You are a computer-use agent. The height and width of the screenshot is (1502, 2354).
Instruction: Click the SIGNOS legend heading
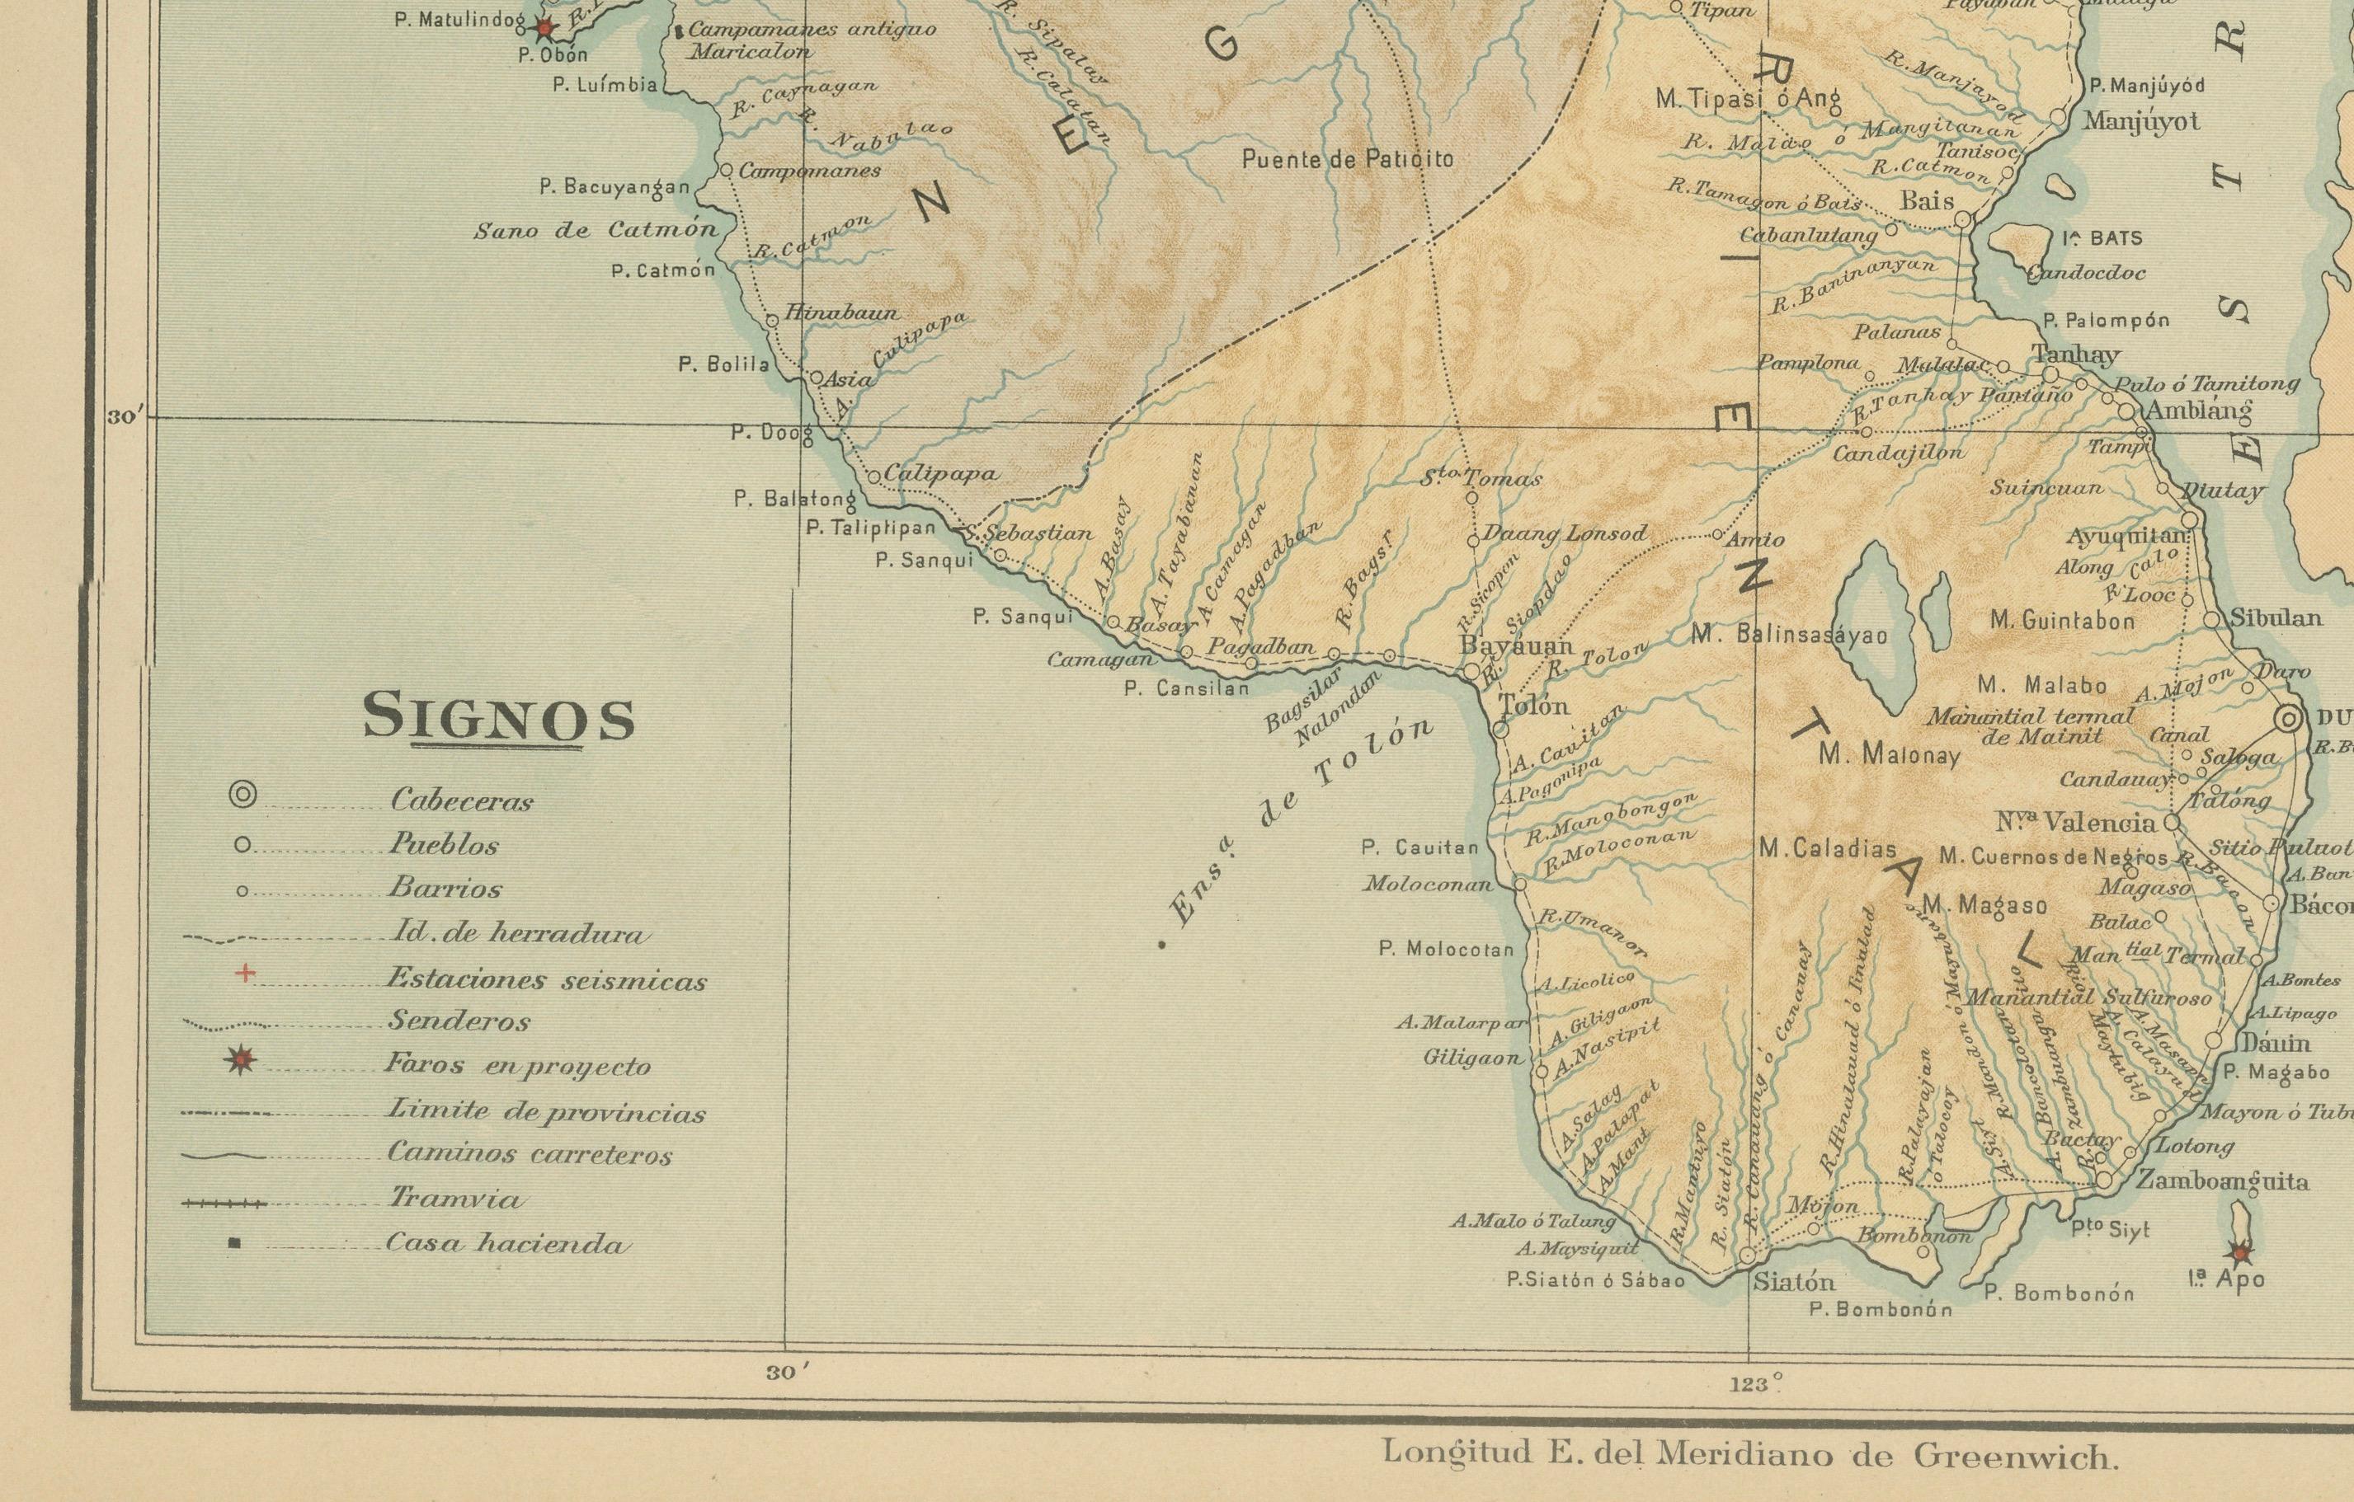click(498, 718)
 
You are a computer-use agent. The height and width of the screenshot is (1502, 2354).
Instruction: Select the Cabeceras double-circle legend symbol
click(242, 796)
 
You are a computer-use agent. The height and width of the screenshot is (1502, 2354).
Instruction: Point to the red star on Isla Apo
click(2238, 1251)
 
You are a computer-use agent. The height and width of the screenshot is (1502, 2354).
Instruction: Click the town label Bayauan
click(1515, 646)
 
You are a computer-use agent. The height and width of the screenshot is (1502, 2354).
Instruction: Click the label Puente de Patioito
click(1347, 158)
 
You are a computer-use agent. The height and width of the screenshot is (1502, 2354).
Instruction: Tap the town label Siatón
click(1794, 1281)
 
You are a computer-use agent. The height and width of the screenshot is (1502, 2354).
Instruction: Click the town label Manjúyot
click(2141, 121)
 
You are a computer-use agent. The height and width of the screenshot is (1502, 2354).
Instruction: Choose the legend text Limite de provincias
click(545, 1112)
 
